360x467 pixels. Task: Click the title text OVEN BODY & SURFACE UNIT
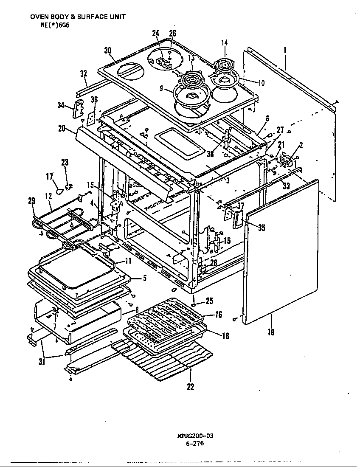[x=78, y=17]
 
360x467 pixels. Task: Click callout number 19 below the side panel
[x=271, y=332]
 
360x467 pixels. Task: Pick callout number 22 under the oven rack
[x=190, y=386]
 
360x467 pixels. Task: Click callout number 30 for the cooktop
[x=107, y=50]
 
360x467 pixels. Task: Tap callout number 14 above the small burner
[x=224, y=42]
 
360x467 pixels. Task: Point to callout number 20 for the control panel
[x=62, y=128]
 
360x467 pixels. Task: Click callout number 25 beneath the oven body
[x=209, y=301]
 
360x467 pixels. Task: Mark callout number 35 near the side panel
[x=261, y=227]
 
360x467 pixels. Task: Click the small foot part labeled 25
[x=193, y=304]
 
